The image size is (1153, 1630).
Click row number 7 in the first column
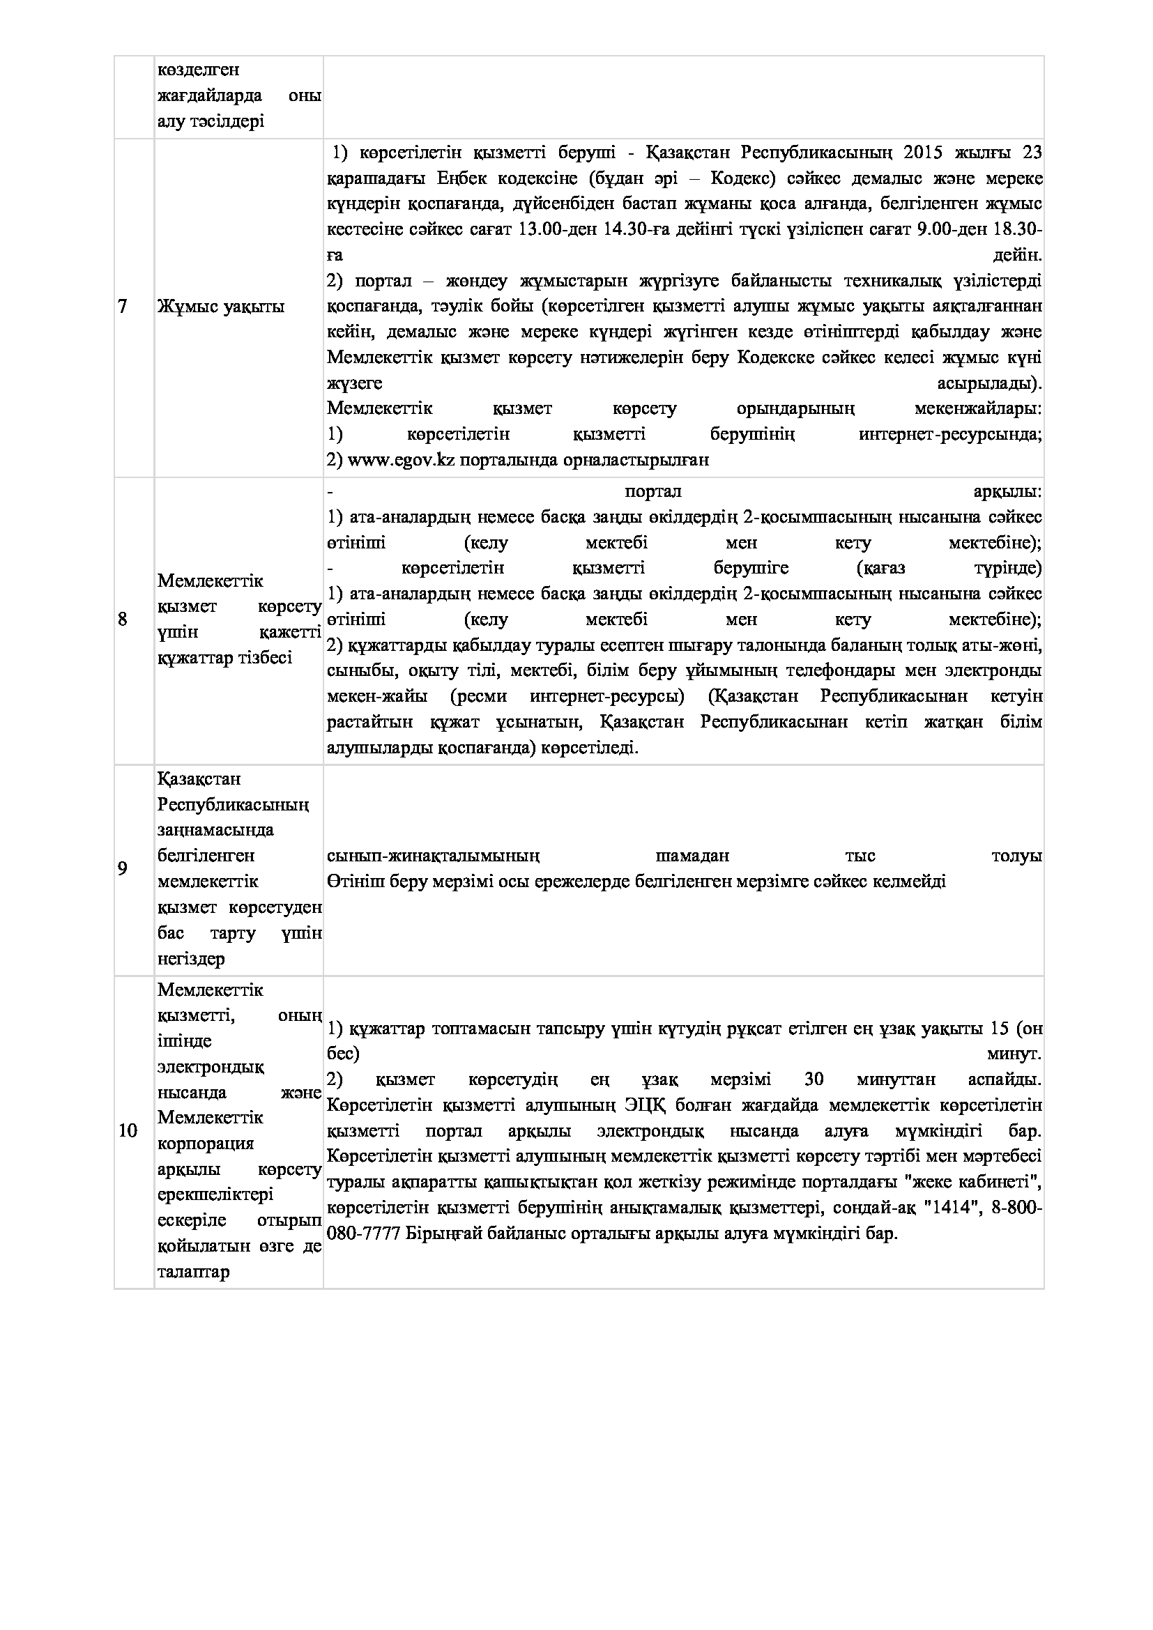[122, 307]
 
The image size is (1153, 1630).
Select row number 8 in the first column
[123, 620]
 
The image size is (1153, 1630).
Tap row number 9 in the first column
[123, 868]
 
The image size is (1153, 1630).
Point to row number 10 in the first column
[127, 1130]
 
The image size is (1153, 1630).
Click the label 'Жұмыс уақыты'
[221, 307]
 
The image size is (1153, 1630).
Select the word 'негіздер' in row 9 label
[191, 959]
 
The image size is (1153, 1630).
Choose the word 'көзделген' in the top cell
[198, 70]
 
